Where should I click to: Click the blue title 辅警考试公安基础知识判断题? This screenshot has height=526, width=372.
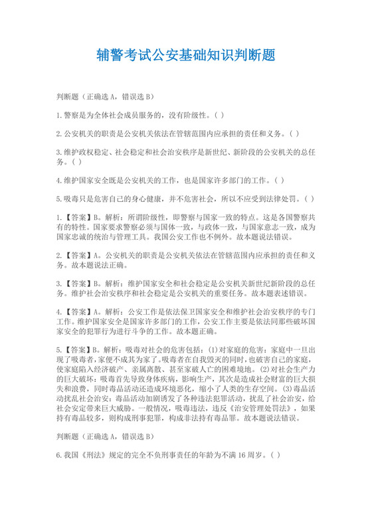click(x=186, y=54)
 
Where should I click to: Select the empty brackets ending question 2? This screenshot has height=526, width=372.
click(x=294, y=133)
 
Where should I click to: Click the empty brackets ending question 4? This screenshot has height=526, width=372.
click(x=279, y=179)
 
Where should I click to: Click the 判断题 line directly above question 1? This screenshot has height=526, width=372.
click(x=106, y=96)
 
